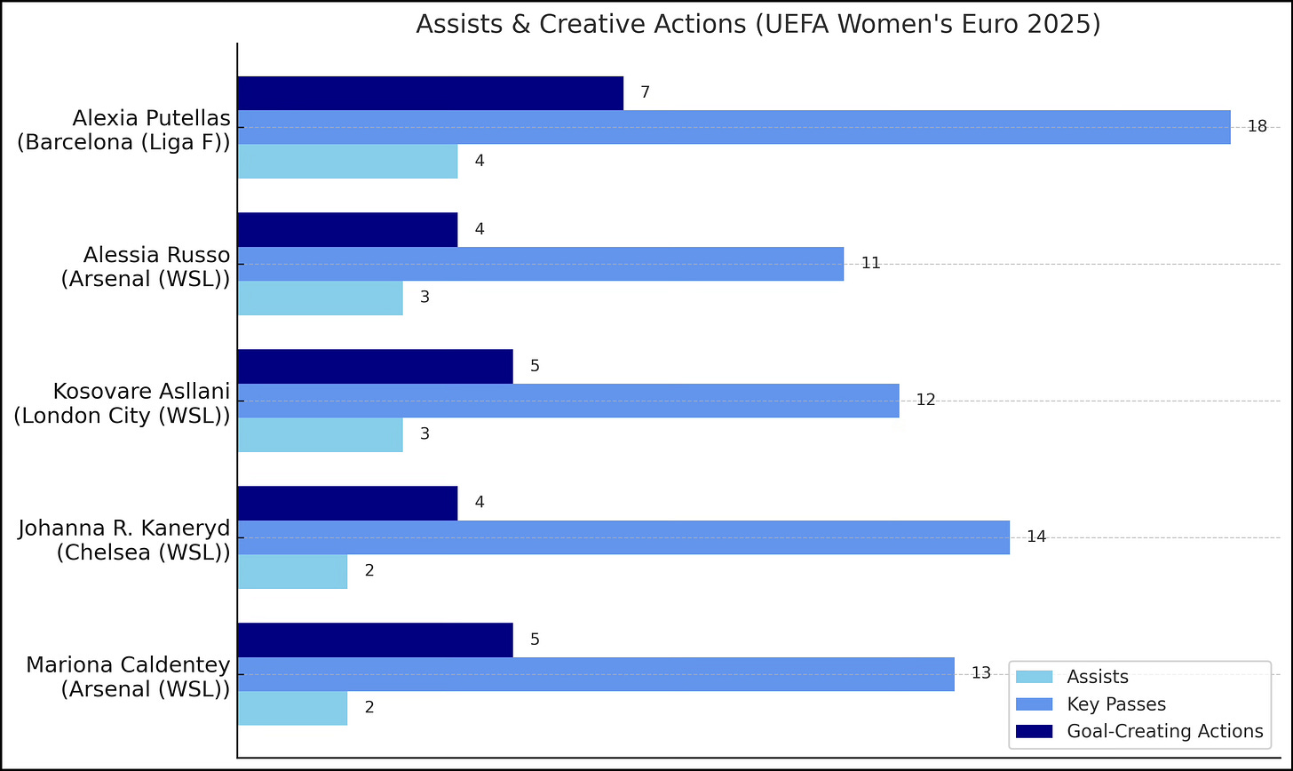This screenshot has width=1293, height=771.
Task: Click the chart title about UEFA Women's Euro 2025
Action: tap(758, 24)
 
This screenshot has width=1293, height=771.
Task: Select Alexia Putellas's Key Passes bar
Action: tap(734, 127)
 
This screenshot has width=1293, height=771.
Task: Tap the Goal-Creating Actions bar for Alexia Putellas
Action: tap(430, 93)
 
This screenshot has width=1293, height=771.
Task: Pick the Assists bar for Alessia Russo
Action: tap(320, 298)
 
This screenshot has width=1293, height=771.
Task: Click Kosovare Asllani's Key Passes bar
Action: tap(568, 401)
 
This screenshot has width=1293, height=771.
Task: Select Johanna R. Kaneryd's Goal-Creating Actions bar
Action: tap(347, 503)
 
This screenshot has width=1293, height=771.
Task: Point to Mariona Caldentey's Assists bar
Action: tap(292, 708)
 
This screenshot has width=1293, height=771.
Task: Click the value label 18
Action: tap(1257, 127)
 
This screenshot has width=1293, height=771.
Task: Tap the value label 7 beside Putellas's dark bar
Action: tap(645, 93)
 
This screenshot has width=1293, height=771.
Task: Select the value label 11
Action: tap(870, 264)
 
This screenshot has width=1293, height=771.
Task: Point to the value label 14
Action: tap(1036, 537)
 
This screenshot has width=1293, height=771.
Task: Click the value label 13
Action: tap(980, 673)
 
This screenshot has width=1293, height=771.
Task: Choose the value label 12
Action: tap(925, 401)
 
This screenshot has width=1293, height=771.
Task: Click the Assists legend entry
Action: tap(1097, 677)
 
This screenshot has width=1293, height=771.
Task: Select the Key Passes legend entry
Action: tap(1115, 704)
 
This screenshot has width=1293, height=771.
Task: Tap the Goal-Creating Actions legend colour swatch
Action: tap(1034, 732)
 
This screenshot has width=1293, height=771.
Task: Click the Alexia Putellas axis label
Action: tap(124, 130)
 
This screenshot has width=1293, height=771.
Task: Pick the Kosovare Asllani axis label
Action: tap(122, 403)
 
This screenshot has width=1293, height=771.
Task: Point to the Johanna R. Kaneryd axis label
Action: tap(124, 540)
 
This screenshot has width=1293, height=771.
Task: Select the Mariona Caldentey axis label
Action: tap(128, 676)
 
